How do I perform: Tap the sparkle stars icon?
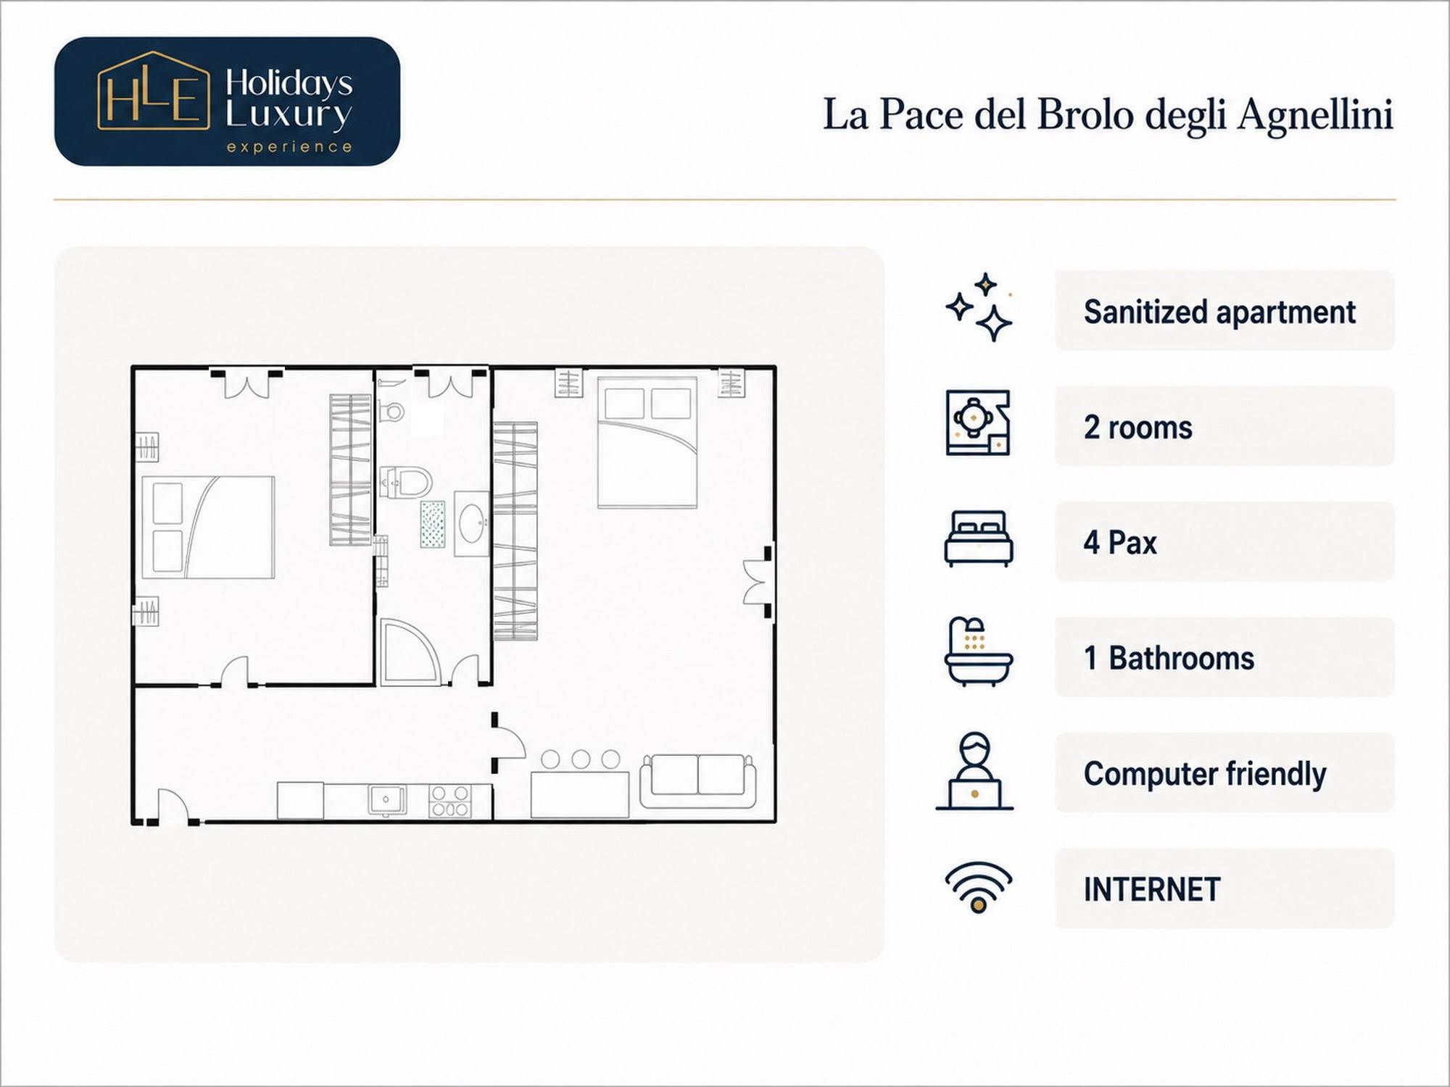click(x=979, y=307)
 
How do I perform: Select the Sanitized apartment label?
click(x=1219, y=312)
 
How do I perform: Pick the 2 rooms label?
click(x=1138, y=428)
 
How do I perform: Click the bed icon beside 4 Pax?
click(x=979, y=538)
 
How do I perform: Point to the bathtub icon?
click(x=979, y=651)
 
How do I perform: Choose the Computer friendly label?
click(x=1205, y=774)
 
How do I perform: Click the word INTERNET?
click(x=1152, y=890)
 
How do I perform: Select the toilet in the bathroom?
click(x=405, y=482)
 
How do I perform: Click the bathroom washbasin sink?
click(x=472, y=524)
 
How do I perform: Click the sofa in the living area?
click(x=698, y=780)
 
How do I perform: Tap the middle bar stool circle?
click(x=581, y=759)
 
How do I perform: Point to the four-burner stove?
click(x=449, y=801)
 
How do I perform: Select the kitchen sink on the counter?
click(x=387, y=800)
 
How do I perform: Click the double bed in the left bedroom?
click(x=208, y=527)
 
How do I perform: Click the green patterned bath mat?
click(x=433, y=524)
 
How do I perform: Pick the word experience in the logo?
click(x=289, y=147)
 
